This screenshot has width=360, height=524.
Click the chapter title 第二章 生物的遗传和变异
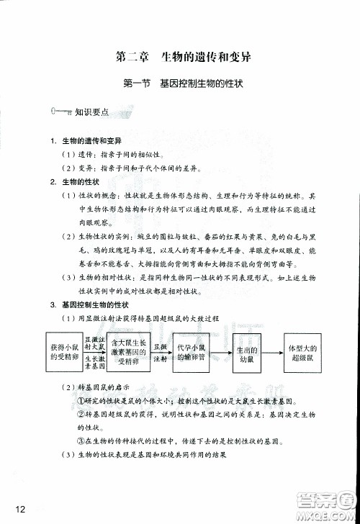click(181, 55)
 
